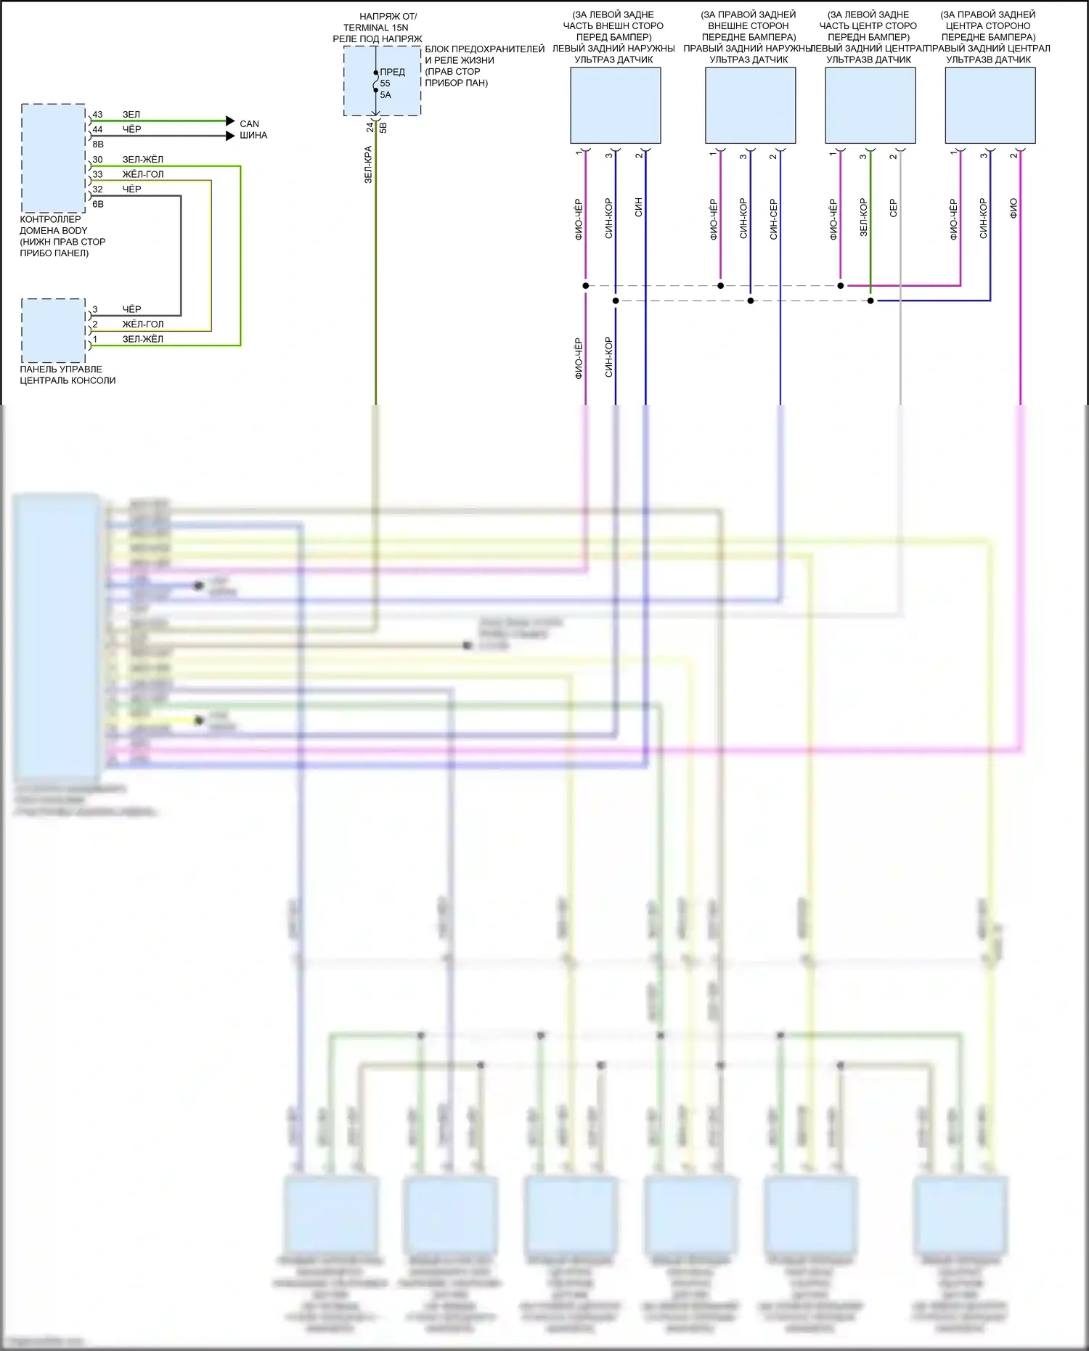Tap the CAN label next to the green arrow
click(x=249, y=124)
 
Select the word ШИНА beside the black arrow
click(x=253, y=136)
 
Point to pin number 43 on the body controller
click(x=97, y=115)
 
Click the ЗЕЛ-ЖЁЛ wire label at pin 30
click(x=142, y=160)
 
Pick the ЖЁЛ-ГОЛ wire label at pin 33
click(x=142, y=174)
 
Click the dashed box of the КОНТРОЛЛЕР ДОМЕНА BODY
click(x=53, y=158)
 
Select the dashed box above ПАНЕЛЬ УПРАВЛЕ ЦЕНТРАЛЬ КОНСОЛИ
click(x=53, y=331)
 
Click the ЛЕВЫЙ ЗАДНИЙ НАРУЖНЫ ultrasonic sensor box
click(x=615, y=105)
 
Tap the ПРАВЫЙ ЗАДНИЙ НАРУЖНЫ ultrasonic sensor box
click(x=750, y=105)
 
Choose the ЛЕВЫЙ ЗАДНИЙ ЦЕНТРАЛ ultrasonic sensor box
click(x=870, y=105)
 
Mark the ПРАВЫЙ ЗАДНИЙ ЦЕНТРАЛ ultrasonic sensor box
click(x=990, y=105)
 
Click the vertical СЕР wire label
click(x=893, y=208)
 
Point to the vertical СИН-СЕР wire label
click(x=773, y=219)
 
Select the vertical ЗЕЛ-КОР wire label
click(x=863, y=217)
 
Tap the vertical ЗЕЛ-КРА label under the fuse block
click(x=368, y=165)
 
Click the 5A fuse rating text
click(x=386, y=95)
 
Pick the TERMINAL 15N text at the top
click(x=375, y=28)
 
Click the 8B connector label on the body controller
click(x=98, y=144)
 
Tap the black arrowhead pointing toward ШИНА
click(x=230, y=136)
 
